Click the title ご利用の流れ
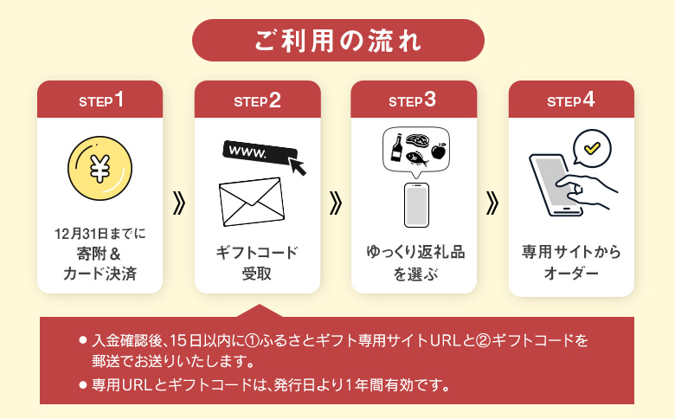(x=337, y=40)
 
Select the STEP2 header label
(x=257, y=100)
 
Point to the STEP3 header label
(x=413, y=100)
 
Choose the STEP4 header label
(x=571, y=100)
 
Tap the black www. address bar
(x=256, y=151)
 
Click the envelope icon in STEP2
(x=251, y=201)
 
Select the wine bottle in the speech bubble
(x=397, y=147)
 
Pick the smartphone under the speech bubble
(x=417, y=206)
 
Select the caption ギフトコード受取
(x=257, y=263)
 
